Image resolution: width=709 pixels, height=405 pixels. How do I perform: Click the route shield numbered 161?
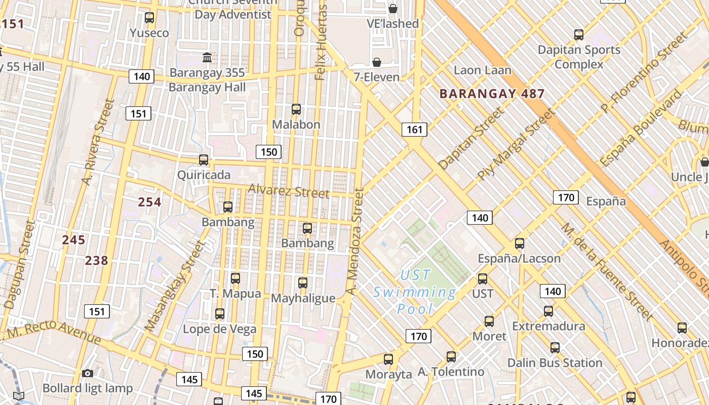pyautogui.click(x=414, y=130)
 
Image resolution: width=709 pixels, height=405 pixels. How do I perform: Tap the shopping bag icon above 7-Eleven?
pyautogui.click(x=377, y=62)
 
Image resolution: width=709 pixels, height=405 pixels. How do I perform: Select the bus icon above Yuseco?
pyautogui.click(x=149, y=18)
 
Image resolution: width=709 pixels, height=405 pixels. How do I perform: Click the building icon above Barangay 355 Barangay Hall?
pyautogui.click(x=207, y=57)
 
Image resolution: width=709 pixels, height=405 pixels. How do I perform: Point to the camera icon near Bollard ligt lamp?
pyautogui.click(x=88, y=374)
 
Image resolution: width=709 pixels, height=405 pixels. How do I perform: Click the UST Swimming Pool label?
pyautogui.click(x=415, y=292)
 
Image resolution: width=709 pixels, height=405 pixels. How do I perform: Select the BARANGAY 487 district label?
pyautogui.click(x=492, y=94)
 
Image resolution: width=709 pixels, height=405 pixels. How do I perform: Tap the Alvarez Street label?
pyautogui.click(x=289, y=191)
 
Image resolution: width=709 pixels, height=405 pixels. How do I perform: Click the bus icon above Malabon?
pyautogui.click(x=296, y=109)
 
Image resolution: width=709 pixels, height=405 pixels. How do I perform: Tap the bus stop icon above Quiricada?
pyautogui.click(x=204, y=160)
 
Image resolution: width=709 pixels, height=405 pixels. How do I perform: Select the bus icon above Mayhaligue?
pyautogui.click(x=303, y=283)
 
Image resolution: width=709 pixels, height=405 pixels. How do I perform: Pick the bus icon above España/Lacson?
pyautogui.click(x=520, y=244)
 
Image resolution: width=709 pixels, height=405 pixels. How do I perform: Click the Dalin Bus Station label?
pyautogui.click(x=555, y=363)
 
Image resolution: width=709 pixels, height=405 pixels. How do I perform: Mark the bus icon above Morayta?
pyautogui.click(x=388, y=359)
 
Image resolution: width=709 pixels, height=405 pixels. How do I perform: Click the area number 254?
pyautogui.click(x=150, y=202)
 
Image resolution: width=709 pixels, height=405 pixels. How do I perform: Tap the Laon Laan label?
pyautogui.click(x=482, y=70)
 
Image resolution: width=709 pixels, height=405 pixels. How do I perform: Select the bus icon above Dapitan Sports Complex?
pyautogui.click(x=579, y=35)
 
